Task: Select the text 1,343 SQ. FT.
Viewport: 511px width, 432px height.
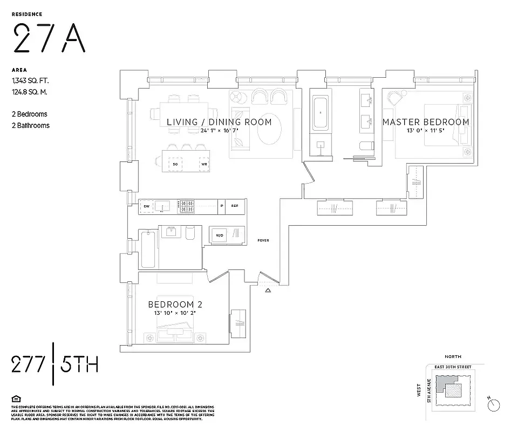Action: pos(30,81)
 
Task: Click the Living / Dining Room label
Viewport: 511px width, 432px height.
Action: pos(219,122)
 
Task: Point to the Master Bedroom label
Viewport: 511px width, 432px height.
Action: pos(426,122)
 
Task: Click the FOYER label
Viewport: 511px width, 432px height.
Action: pos(263,240)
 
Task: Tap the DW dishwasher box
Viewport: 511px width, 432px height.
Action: pos(146,206)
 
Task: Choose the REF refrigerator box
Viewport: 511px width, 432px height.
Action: pos(235,206)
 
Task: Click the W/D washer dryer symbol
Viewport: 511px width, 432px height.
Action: pos(220,235)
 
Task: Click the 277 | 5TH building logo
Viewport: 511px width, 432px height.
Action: pos(54,365)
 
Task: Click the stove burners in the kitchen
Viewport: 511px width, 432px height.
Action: pos(186,206)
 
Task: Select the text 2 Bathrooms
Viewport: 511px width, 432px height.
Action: pos(30,125)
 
